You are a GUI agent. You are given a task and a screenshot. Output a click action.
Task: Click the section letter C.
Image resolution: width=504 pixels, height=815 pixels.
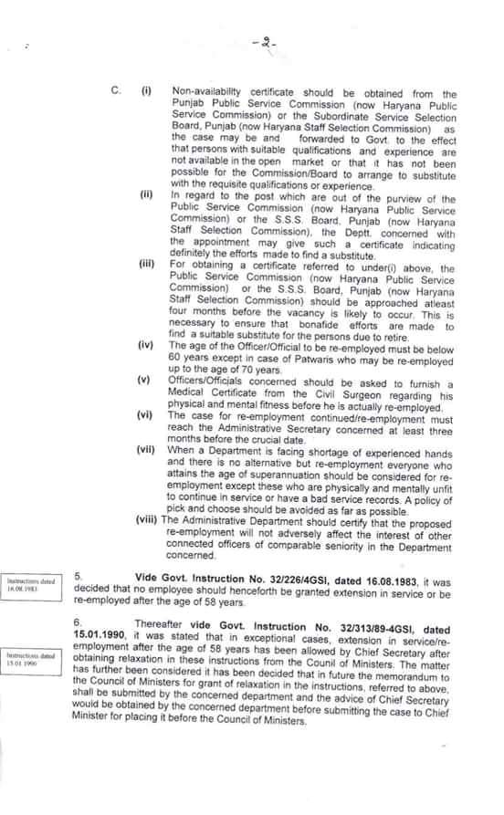[x=116, y=92]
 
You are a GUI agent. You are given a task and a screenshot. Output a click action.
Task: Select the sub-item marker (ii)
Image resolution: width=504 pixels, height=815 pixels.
[x=146, y=195]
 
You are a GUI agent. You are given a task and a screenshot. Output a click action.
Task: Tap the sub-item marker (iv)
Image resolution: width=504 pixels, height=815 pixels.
[x=145, y=347]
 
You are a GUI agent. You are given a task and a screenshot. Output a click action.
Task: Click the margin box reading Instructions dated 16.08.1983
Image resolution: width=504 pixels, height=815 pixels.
[x=30, y=586]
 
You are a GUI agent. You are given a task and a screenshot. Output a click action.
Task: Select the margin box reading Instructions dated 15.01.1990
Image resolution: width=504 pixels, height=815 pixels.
[x=30, y=658]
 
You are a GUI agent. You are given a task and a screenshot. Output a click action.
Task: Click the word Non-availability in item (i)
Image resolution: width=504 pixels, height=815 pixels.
[x=212, y=94]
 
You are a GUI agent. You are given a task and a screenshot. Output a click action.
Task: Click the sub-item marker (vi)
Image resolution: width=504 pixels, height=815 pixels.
[x=145, y=413]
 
